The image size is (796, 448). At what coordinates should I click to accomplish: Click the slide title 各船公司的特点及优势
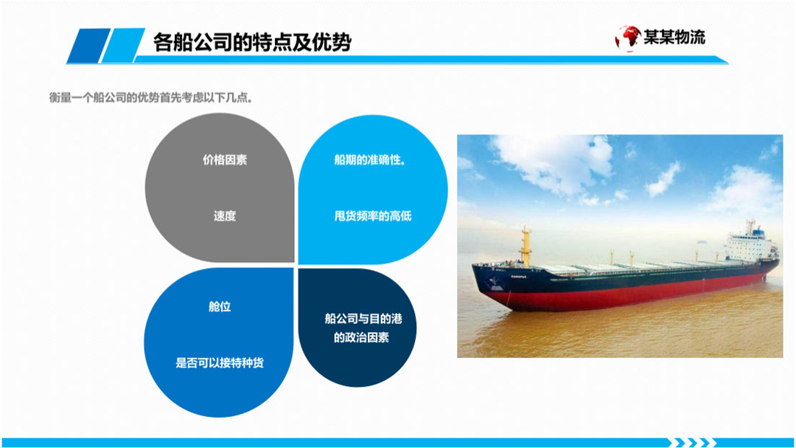point(252,42)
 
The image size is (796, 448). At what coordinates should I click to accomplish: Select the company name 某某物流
point(674,37)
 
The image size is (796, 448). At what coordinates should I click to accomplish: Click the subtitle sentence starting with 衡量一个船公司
point(151,97)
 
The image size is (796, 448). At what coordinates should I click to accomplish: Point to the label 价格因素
point(225,159)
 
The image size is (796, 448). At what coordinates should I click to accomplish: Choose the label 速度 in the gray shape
point(224,216)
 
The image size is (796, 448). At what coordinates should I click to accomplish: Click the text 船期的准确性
point(370,159)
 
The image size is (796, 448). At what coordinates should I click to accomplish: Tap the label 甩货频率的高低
point(373,216)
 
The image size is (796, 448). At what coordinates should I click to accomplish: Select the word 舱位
point(220,306)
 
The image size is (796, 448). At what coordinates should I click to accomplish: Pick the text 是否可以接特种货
point(220,363)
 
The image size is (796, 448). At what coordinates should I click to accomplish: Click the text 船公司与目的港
point(363,319)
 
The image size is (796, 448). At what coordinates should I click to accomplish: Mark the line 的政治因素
point(361,337)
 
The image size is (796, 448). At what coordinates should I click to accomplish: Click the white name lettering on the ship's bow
point(519,277)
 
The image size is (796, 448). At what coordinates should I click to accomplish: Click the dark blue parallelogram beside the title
point(89,46)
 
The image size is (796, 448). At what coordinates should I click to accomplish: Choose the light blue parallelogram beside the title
point(123,46)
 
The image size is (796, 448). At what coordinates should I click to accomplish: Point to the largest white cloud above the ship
point(554,162)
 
